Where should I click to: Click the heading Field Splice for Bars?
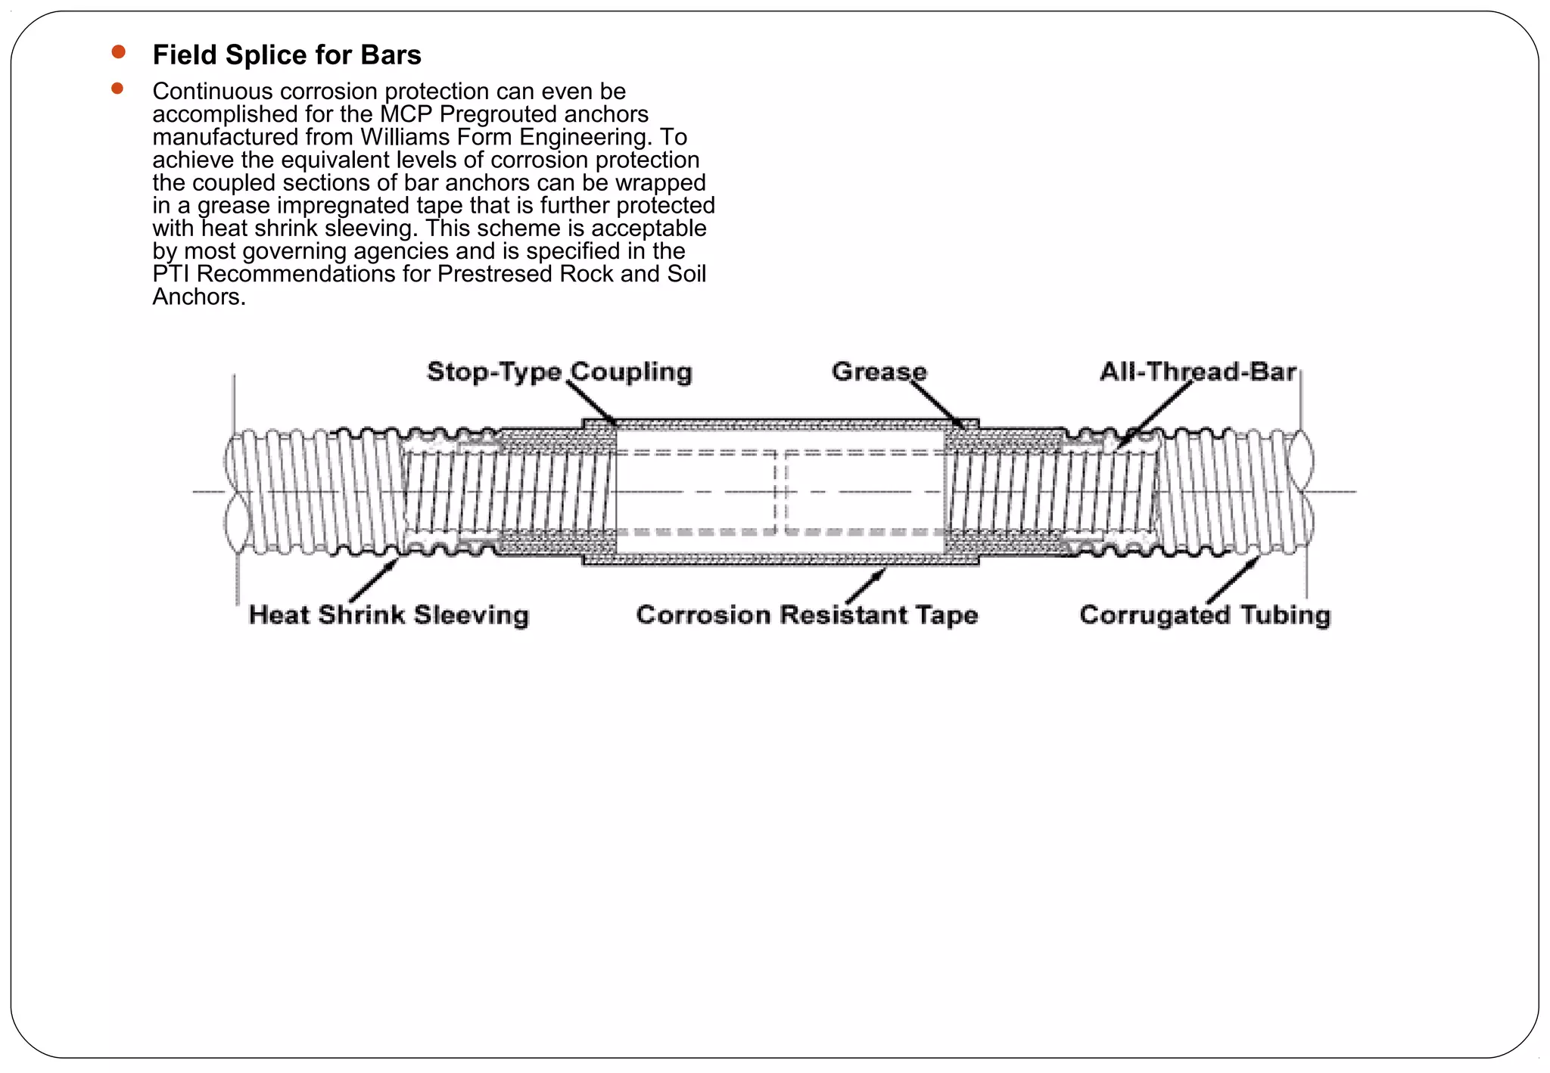pyautogui.click(x=287, y=55)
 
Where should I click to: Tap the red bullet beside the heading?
pyautogui.click(x=118, y=52)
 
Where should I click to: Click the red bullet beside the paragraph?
pyautogui.click(x=117, y=89)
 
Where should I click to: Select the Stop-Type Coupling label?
pyautogui.click(x=559, y=372)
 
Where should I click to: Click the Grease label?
pyautogui.click(x=879, y=372)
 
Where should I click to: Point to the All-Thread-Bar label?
pyautogui.click(x=1197, y=372)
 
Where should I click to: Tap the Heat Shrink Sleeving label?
pyautogui.click(x=389, y=614)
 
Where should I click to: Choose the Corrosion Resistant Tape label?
pyautogui.click(x=807, y=614)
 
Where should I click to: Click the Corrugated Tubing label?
pyautogui.click(x=1205, y=614)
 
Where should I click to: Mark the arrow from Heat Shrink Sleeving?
pyautogui.click(x=374, y=581)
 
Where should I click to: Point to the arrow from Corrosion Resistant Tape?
pyautogui.click(x=866, y=586)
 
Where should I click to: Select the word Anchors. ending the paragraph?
pyautogui.click(x=199, y=297)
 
